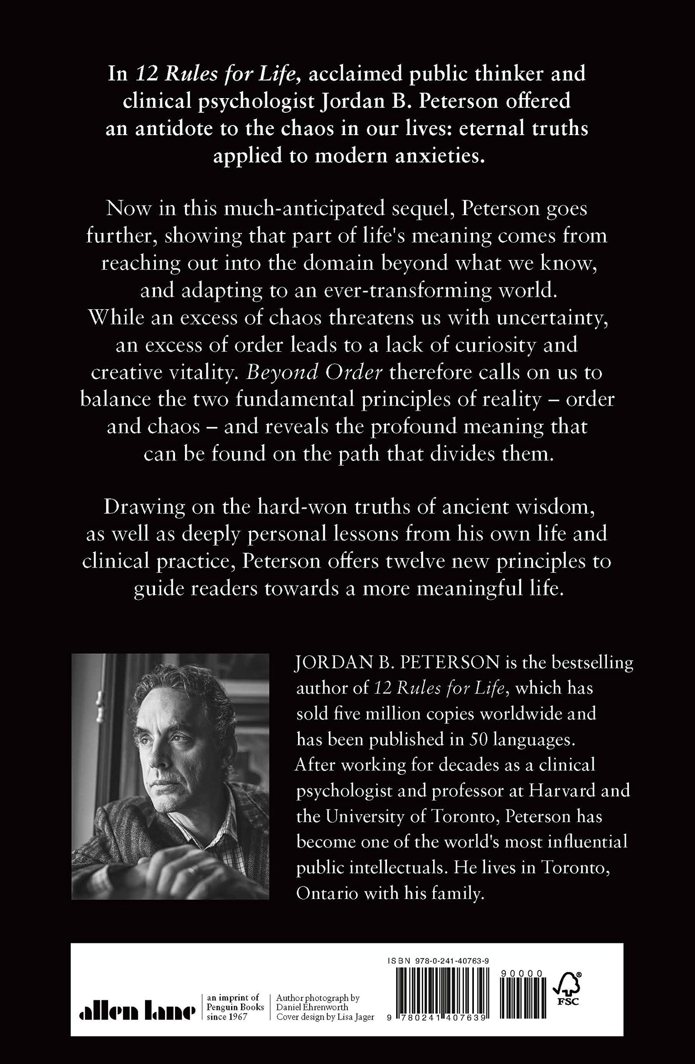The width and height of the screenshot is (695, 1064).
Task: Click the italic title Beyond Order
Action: coord(314,373)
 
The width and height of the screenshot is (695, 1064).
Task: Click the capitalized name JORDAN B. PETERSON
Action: coord(397,663)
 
